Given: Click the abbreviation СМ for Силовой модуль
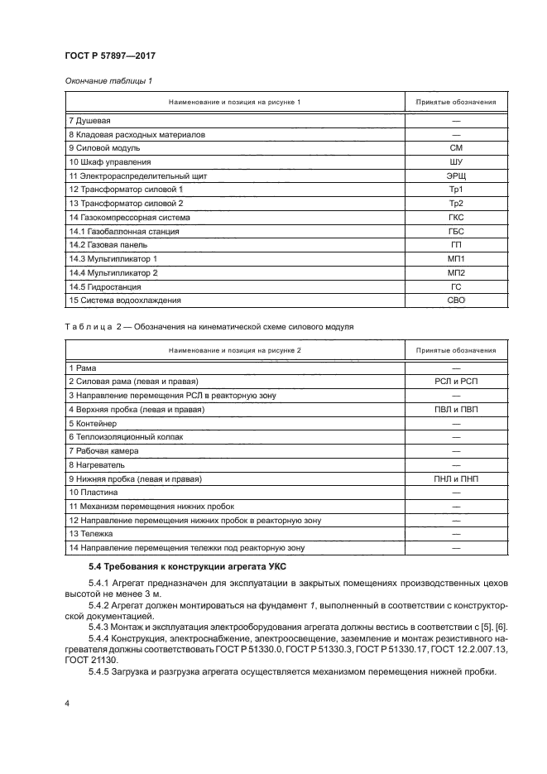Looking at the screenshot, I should [x=454, y=147].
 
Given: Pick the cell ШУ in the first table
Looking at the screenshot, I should [x=454, y=161].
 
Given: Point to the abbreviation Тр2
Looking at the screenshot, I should [x=454, y=204].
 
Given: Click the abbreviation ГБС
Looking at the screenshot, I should [x=454, y=232].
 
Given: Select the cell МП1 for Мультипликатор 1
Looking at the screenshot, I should [x=454, y=260].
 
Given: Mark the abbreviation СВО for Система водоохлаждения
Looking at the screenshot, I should [x=454, y=301].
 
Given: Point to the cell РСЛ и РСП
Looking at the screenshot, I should [x=454, y=380].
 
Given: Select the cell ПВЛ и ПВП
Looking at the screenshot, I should [x=454, y=408].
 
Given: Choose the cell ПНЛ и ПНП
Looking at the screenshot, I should [x=454, y=478].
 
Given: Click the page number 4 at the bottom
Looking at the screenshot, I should [x=67, y=703].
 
